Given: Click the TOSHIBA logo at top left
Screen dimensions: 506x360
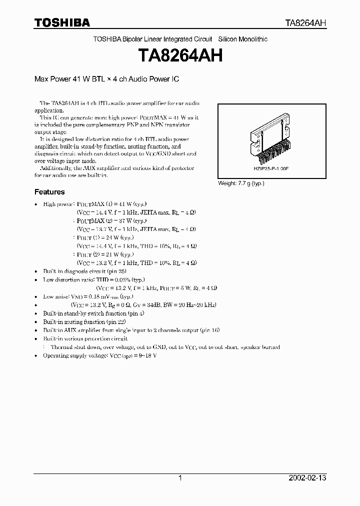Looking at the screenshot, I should click(x=62, y=22).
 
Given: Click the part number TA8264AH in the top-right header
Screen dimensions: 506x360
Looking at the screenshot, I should click(x=306, y=23).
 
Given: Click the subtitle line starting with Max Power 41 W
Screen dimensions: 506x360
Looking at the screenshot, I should click(x=106, y=79).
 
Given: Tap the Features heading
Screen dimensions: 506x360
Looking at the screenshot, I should click(x=49, y=192).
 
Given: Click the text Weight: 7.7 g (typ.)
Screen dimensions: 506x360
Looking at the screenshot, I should click(x=241, y=183).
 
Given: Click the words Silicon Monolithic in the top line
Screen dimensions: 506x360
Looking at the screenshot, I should click(x=243, y=39).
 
